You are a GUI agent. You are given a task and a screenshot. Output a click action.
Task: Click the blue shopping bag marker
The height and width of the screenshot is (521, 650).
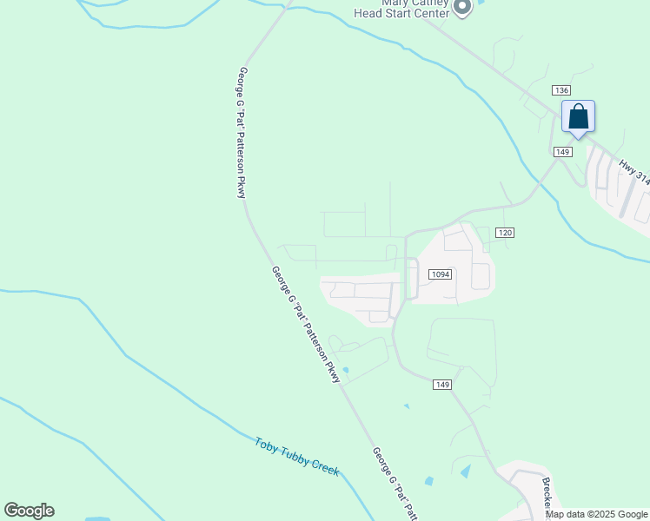(578, 118)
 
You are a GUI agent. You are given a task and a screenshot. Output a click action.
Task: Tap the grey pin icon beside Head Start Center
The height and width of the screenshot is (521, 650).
(462, 8)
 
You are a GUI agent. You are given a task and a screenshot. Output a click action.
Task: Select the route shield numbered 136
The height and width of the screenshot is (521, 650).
(560, 91)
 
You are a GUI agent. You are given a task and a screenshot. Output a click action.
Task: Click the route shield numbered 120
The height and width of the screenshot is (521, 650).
(506, 233)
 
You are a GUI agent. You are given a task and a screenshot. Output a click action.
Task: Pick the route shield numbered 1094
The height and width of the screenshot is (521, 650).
(441, 274)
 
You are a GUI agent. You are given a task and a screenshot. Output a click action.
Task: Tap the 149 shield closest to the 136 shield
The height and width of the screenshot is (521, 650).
(562, 152)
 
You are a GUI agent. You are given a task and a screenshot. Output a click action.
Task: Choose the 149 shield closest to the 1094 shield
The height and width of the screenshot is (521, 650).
(442, 385)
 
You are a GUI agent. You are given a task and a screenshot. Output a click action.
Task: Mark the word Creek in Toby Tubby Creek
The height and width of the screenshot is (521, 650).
(326, 472)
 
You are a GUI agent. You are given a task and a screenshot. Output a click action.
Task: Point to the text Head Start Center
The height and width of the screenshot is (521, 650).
(401, 13)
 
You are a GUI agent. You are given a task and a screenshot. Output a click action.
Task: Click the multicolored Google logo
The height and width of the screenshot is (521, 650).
(29, 511)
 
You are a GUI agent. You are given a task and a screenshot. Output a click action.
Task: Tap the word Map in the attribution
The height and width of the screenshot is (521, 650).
(554, 514)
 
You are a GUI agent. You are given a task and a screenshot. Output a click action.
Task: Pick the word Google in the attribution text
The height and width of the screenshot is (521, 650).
(632, 514)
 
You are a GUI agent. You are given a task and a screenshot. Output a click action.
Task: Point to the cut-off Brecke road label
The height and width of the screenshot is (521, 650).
(547, 493)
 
